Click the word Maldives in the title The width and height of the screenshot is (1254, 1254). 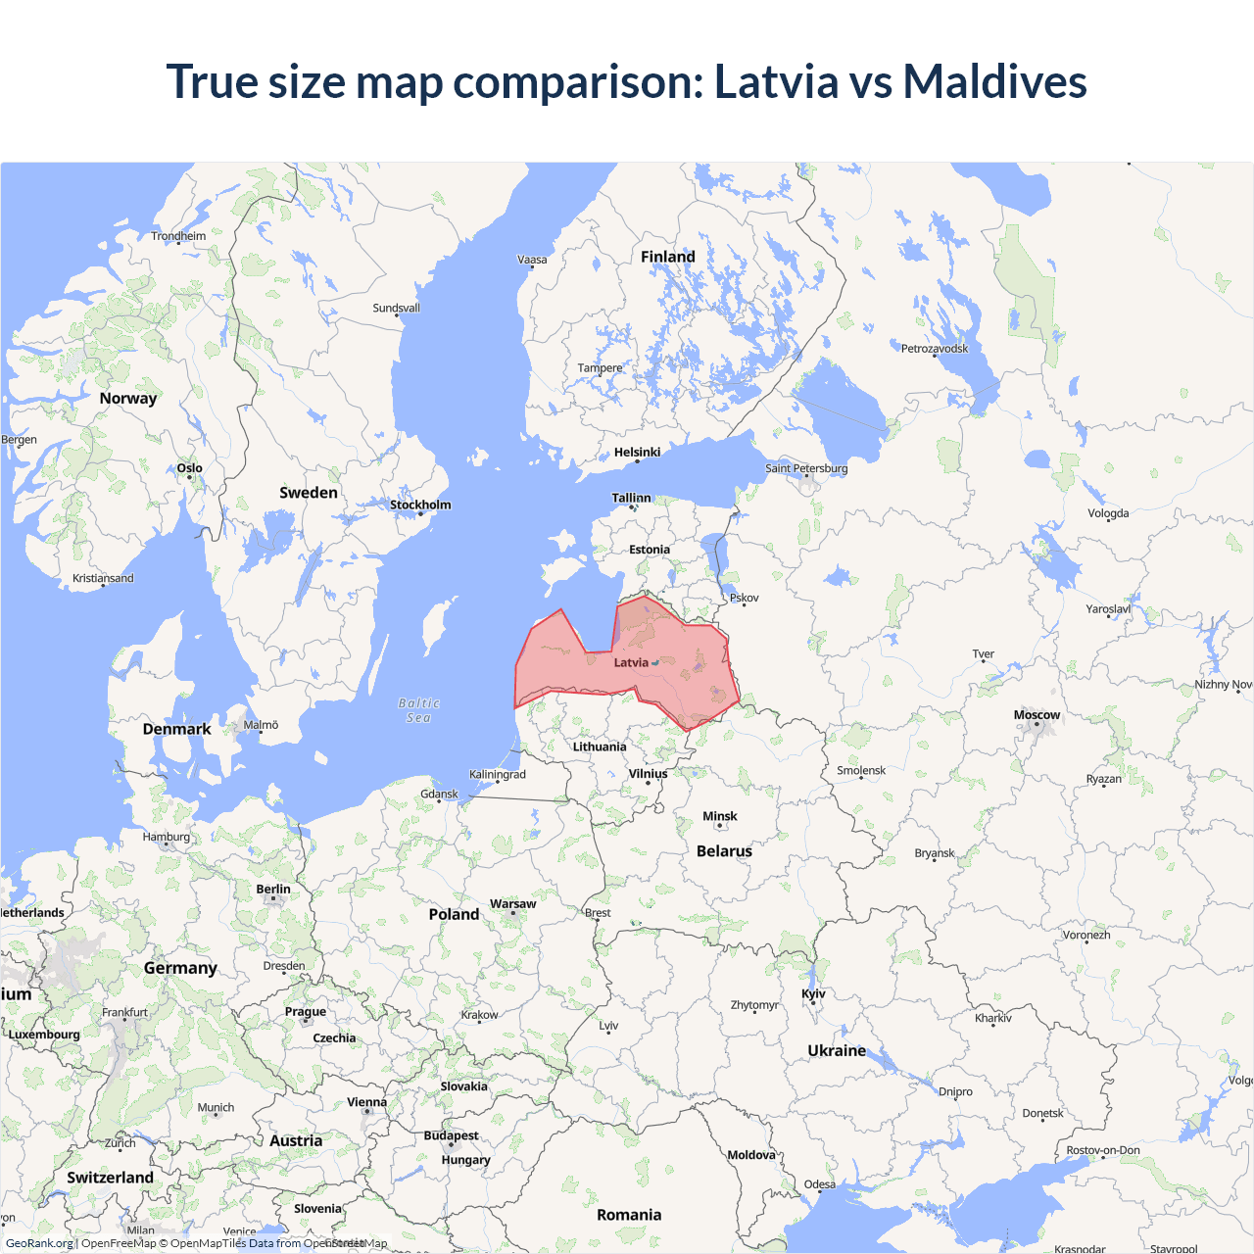coord(994,81)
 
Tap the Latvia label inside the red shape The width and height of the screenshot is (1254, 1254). coord(631,663)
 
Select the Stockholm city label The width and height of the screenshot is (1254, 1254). coord(420,506)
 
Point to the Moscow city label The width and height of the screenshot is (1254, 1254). coord(1037,715)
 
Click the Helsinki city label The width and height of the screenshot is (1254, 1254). coord(637,453)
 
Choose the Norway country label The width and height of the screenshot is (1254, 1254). coord(127,398)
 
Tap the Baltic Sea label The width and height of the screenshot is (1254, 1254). coord(419,710)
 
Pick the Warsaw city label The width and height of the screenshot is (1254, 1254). coord(512,904)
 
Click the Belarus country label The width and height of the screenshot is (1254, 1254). coord(724,851)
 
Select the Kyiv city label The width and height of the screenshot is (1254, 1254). coord(813,993)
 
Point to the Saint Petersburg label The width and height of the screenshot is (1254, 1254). coord(806,468)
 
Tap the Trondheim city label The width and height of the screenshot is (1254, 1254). coord(178,236)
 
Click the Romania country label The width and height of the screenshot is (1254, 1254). coord(629,1215)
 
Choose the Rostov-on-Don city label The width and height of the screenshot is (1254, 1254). coord(1103,1150)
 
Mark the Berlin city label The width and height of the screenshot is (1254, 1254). coord(273,890)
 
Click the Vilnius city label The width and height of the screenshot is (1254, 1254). coord(648,774)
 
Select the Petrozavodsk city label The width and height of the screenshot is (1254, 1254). coord(934,349)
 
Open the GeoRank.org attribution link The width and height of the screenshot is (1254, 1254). coord(39,1243)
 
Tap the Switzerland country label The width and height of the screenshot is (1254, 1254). coord(110,1178)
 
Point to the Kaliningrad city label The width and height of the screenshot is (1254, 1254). coord(497,775)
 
